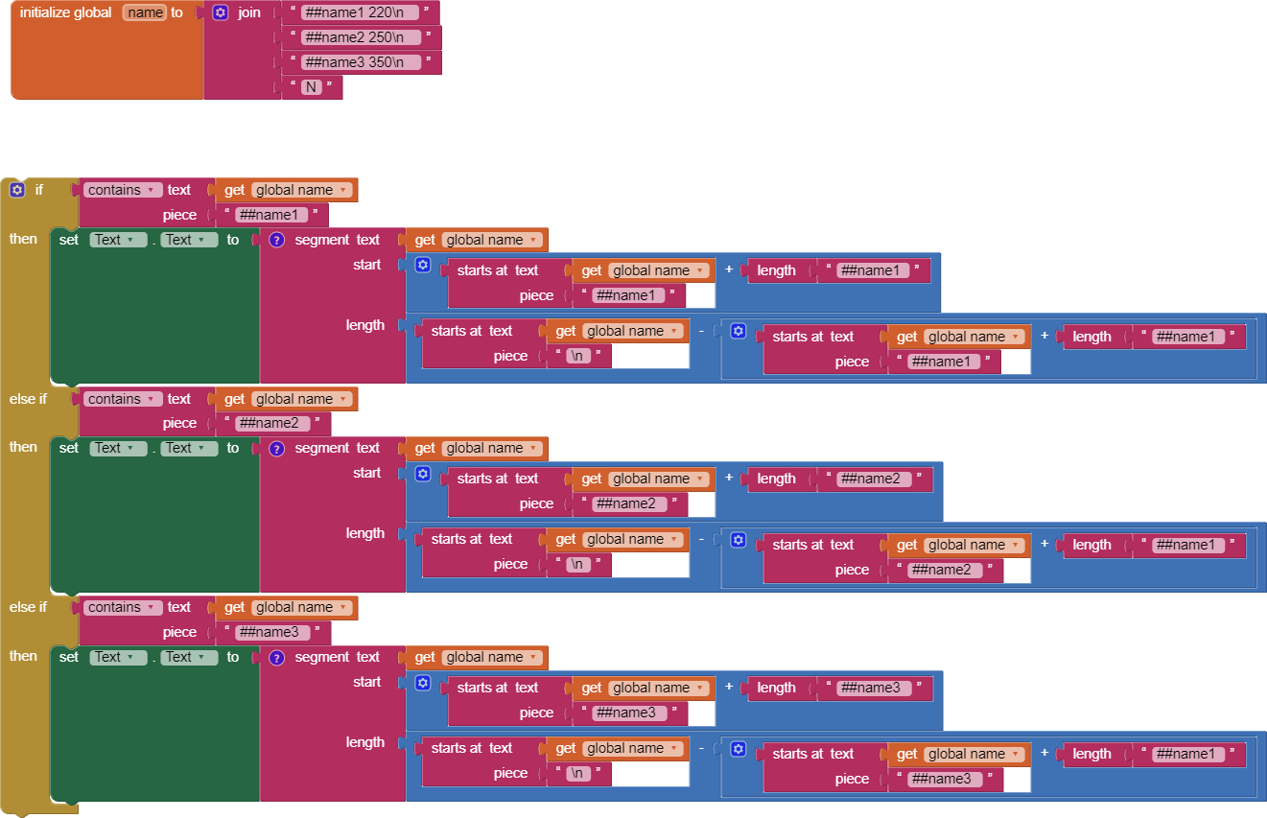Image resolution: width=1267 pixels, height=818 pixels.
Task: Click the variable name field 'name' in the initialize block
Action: [145, 12]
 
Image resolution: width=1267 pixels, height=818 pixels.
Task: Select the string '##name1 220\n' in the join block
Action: [360, 12]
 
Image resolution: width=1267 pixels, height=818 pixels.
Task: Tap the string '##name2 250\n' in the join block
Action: [361, 37]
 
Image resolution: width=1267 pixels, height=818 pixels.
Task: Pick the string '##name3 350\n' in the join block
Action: [361, 62]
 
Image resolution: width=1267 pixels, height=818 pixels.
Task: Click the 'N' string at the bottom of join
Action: [311, 87]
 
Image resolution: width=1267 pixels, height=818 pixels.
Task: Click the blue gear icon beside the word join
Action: [221, 13]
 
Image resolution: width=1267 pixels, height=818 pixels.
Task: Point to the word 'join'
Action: [249, 13]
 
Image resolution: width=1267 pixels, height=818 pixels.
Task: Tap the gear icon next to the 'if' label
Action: [17, 190]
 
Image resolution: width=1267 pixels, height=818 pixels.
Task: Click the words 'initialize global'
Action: [65, 13]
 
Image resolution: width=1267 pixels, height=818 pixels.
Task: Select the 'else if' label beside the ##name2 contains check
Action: [28, 399]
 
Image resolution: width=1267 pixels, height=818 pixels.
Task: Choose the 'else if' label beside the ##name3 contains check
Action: [28, 607]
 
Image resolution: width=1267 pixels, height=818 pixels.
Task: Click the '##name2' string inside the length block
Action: [872, 479]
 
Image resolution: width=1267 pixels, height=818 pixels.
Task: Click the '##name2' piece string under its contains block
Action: [270, 423]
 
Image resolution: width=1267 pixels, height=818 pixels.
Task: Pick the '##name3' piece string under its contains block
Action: [270, 632]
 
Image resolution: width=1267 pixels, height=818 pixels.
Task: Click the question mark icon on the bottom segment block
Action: [276, 658]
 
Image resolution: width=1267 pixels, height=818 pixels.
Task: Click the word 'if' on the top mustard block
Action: [39, 190]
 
